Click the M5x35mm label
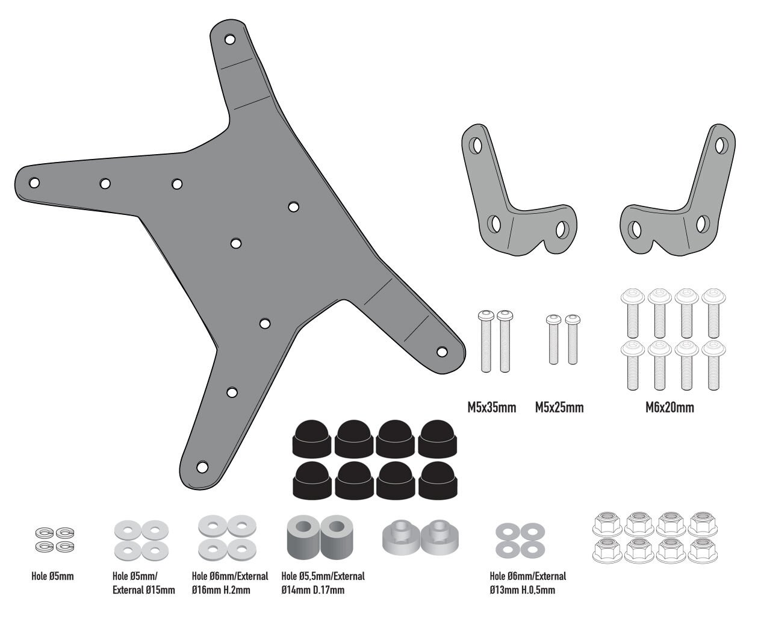tap(491, 408)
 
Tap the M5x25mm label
tap(559, 408)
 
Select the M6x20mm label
tap(669, 408)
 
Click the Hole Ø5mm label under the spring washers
tap(52, 576)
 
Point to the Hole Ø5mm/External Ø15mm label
tap(143, 583)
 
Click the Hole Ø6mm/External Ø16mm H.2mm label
tap(229, 583)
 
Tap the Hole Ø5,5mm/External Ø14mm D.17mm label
tap(323, 583)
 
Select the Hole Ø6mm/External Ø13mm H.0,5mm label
tap(528, 583)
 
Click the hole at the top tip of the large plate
tap(229, 40)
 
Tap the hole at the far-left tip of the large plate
tap(34, 182)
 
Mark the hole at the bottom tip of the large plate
tap(202, 467)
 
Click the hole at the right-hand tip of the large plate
tap(441, 351)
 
